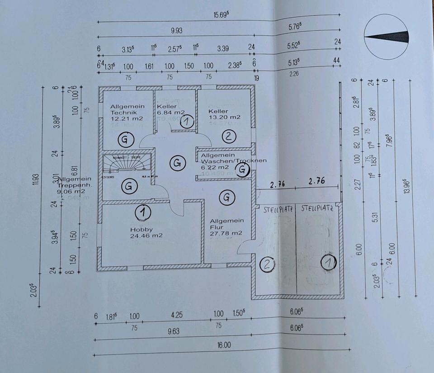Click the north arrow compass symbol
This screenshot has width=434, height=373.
pos(387,36)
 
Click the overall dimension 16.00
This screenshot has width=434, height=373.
pos(224,345)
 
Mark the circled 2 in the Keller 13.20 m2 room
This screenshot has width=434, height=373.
pos(229,136)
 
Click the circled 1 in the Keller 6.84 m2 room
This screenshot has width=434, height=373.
pos(187,121)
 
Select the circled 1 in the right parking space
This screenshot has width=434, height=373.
pos(329,262)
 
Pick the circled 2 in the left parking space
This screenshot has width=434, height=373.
pos(268,264)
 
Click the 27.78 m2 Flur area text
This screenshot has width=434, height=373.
pos(226,233)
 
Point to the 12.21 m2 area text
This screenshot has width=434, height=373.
pos(127,118)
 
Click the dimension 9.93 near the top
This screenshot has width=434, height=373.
pos(175,31)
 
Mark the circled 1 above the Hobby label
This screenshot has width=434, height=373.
pos(143,211)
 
